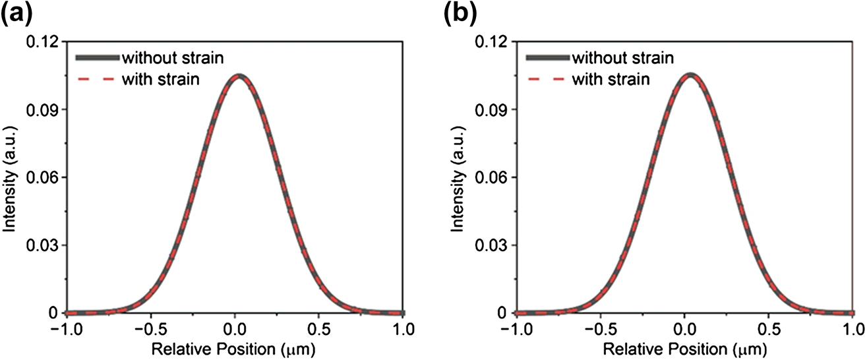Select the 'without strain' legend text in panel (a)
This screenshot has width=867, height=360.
172,57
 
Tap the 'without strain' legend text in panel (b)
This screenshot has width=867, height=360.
622,57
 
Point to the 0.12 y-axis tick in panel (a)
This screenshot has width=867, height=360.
45,42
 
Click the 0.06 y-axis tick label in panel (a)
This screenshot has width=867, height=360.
45,177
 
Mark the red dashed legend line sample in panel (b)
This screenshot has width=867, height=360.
547,80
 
